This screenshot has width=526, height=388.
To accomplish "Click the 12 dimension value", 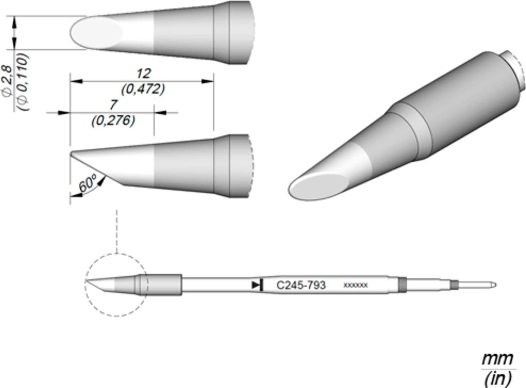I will coord(144,74).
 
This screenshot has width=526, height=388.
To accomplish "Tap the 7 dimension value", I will coord(113,105).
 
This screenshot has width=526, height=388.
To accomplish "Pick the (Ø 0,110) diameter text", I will coord(23,82).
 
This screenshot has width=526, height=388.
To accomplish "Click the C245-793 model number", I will coord(301,285).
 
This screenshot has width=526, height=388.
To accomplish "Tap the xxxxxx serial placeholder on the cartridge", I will coord(355,286).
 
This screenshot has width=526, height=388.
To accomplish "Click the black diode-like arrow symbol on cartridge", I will coord(258,285).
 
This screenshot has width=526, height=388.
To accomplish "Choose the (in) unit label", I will coord(498,379).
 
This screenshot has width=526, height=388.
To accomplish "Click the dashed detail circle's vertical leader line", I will coord(117,232).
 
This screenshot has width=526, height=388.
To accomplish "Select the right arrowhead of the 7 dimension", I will coord(160,113).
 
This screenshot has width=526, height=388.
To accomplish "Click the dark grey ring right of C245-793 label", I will coord(402,285).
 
